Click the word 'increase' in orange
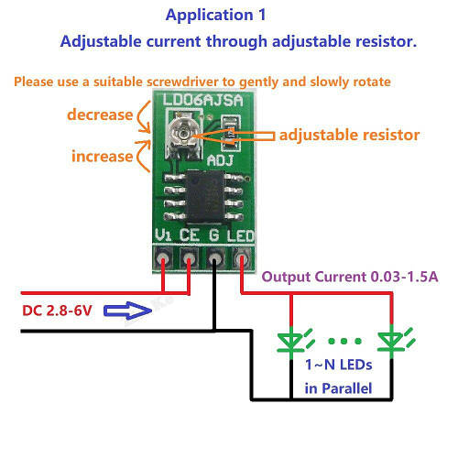[x=102, y=156]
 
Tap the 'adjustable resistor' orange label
[x=349, y=135]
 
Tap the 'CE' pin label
[x=190, y=235]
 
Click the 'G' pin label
[x=215, y=235]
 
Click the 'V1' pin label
[x=164, y=235]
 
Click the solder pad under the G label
[x=215, y=259]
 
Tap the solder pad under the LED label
[x=242, y=259]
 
